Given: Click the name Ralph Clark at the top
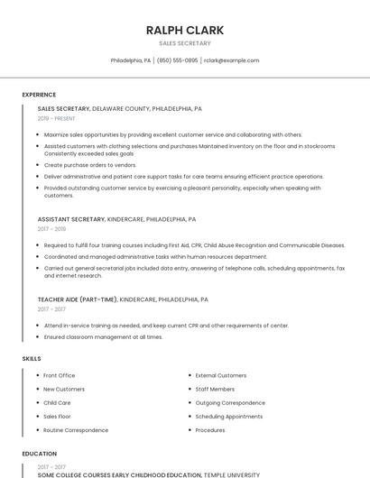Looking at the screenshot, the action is [184, 30].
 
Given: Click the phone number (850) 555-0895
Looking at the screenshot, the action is [177, 60].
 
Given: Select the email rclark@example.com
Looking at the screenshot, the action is [231, 60].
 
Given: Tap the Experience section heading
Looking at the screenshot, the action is [39, 95].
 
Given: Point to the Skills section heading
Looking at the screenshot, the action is [32, 359].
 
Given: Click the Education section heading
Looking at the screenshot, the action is [39, 454].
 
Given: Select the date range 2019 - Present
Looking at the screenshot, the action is [57, 118].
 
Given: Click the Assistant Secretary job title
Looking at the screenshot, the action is [71, 219].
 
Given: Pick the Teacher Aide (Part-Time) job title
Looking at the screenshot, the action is [78, 299].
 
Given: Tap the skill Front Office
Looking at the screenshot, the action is [59, 375].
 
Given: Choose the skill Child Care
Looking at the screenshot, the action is [57, 403].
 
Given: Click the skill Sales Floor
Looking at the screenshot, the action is [57, 417].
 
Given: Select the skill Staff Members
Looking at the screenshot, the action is [214, 389].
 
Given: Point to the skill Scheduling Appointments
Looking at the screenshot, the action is [229, 417].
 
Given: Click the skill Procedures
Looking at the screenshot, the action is [210, 430].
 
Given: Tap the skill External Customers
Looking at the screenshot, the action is [220, 375].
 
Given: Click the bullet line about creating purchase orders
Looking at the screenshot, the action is [90, 165].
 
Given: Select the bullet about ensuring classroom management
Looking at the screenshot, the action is [103, 337].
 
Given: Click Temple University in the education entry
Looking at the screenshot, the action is [231, 473].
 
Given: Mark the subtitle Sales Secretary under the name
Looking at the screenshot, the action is [184, 43].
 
